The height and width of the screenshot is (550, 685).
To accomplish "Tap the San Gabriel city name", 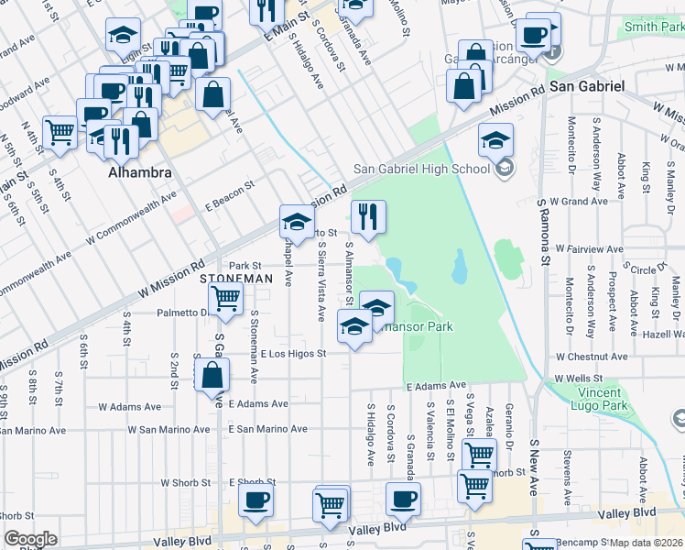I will pos(587,85).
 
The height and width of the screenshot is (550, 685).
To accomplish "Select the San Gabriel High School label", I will pos(422,169).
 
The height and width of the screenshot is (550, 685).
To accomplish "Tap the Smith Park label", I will pos(654,27).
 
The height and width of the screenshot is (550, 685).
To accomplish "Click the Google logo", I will pos(30,539).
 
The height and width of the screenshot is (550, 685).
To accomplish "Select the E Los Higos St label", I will pos(293,353).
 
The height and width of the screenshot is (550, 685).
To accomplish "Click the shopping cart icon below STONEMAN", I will pos(225,297).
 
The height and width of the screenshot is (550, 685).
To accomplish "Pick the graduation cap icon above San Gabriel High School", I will pos(495,140).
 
